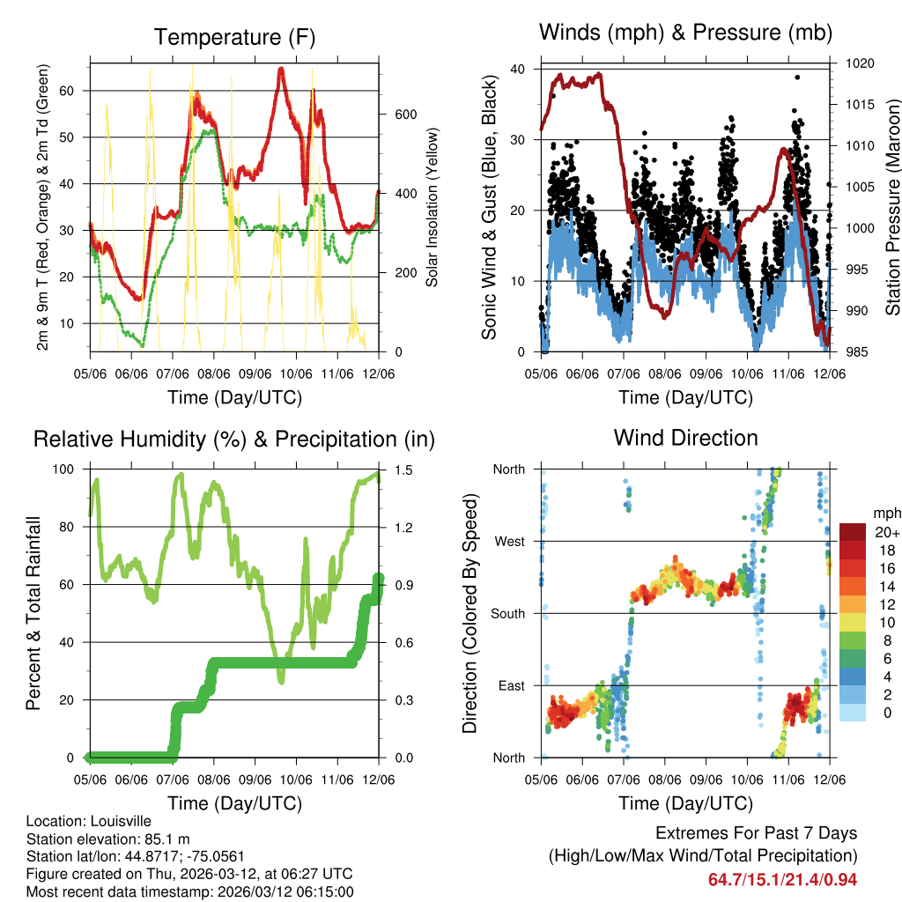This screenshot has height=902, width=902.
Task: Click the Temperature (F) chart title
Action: click(233, 37)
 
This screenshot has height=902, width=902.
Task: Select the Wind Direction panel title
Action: click(685, 437)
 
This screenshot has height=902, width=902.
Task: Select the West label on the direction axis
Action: click(509, 542)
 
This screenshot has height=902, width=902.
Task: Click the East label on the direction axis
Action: click(511, 685)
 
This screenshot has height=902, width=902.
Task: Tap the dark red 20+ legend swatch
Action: click(854, 533)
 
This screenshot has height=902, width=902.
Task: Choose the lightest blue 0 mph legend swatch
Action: click(854, 712)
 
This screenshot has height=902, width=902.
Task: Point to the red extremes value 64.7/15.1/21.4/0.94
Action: click(782, 880)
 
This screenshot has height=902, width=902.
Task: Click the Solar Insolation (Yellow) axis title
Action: click(433, 208)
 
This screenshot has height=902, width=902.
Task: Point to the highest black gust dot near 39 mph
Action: click(797, 78)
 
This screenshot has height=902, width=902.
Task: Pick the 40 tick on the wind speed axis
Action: click(518, 69)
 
